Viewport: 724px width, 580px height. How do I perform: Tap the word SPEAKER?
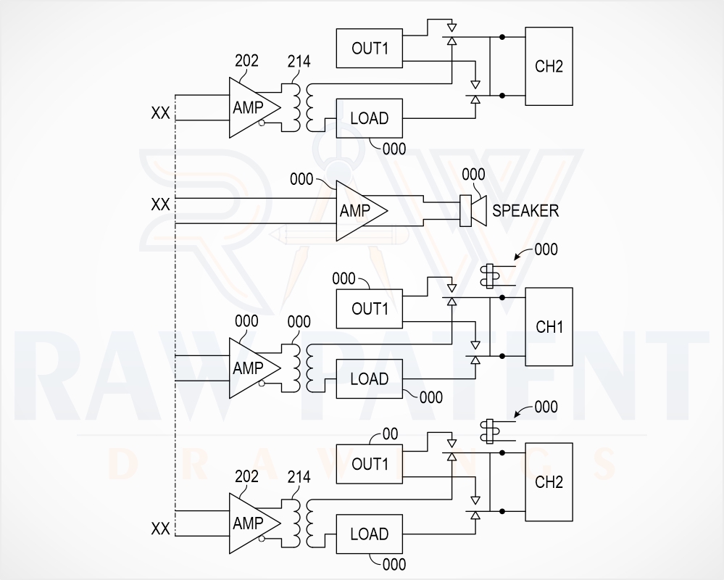click(525, 210)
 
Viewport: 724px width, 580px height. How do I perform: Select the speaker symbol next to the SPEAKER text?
click(473, 210)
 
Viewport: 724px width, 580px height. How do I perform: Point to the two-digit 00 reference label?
click(391, 434)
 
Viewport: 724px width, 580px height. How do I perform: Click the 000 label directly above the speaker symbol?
click(473, 175)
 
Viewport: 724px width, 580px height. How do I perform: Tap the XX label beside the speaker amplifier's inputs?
click(160, 204)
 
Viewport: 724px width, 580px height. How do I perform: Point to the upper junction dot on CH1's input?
click(502, 298)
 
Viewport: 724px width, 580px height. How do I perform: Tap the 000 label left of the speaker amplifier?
click(301, 179)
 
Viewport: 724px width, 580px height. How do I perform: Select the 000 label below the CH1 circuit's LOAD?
click(430, 397)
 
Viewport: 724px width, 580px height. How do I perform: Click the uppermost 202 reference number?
click(246, 61)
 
